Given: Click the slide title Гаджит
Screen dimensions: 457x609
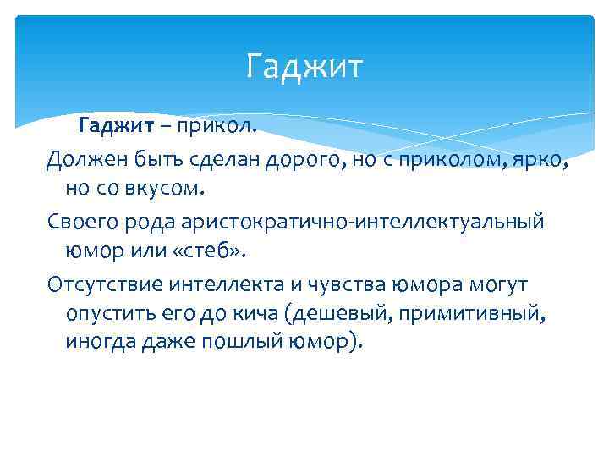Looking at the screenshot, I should (x=304, y=66).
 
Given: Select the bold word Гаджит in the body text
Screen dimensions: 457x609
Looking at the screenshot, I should (x=115, y=126).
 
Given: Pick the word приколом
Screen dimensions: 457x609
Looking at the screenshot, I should (x=432, y=158).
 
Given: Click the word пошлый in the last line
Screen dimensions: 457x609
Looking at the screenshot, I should (x=240, y=342).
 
